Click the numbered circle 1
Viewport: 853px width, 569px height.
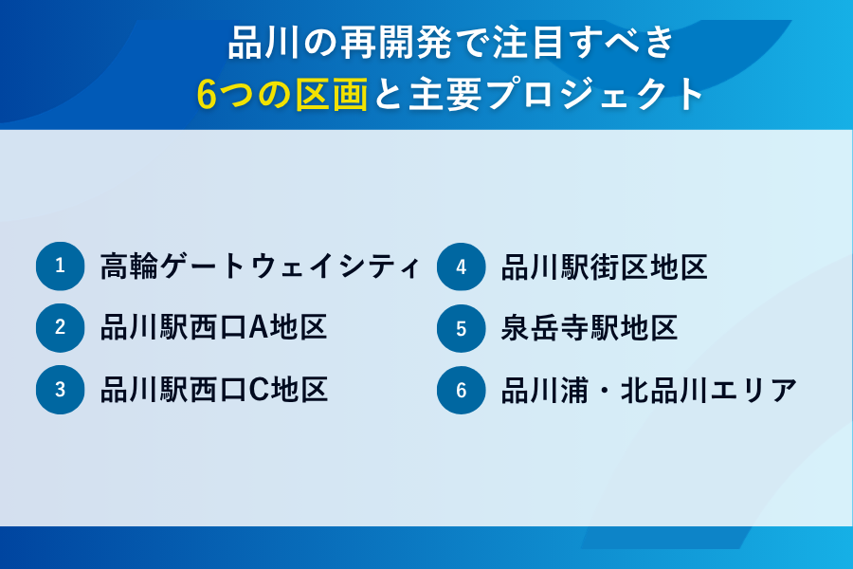click(61, 266)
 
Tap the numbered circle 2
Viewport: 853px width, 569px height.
click(61, 328)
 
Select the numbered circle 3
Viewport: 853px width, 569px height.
click(61, 390)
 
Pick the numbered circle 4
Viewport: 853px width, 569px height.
click(462, 266)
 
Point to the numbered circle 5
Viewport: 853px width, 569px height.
click(462, 328)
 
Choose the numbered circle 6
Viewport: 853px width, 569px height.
click(462, 390)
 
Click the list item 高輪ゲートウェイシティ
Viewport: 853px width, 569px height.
click(260, 266)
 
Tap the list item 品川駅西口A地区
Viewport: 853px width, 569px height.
click(214, 328)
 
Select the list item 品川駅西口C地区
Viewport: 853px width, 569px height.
click(214, 390)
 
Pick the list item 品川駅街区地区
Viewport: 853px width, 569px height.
click(604, 266)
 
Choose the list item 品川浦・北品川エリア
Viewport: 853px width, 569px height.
click(648, 390)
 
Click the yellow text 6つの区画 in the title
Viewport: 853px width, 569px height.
click(281, 94)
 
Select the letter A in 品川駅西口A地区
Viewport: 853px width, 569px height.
click(259, 328)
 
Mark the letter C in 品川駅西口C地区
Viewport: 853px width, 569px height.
click(259, 390)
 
